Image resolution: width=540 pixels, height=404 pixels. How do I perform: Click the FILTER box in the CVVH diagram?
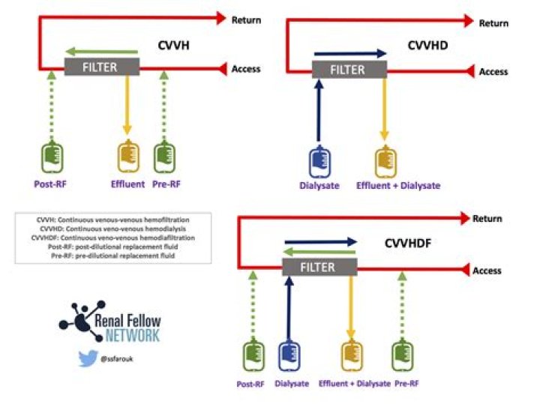pos(101,67)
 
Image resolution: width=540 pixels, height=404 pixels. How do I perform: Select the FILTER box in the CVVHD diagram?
pos(349,70)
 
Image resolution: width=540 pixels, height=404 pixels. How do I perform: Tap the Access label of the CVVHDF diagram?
pos(487,271)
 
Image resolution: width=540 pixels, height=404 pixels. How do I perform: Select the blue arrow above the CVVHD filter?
pos(349,53)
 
